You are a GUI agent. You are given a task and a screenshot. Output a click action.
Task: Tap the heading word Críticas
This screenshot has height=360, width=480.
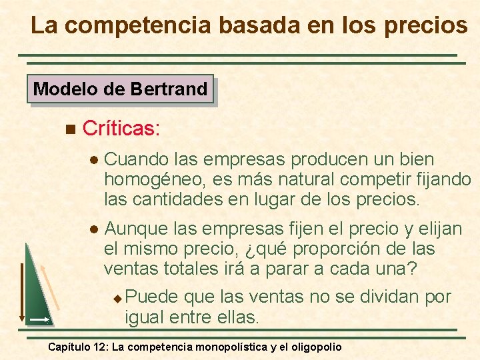120,128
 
